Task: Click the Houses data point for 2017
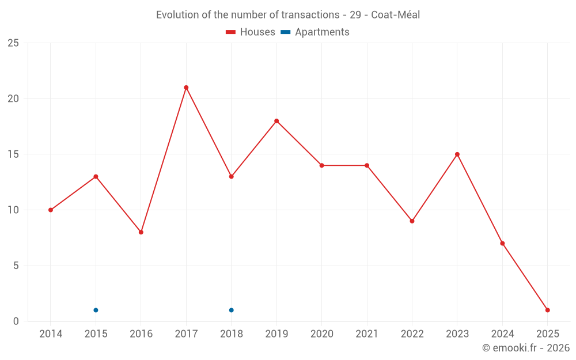[x=186, y=88]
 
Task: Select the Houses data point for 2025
[x=547, y=310]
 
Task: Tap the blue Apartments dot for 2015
[x=96, y=310]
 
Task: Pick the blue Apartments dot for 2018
[x=231, y=310]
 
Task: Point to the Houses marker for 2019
[x=276, y=121]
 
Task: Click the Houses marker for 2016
[x=141, y=232]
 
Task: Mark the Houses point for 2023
[x=457, y=154]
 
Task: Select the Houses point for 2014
[x=51, y=210]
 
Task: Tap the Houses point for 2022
[x=412, y=221]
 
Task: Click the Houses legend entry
[x=251, y=32]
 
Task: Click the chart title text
[x=288, y=15]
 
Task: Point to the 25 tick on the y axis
[x=13, y=43]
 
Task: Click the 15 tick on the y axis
[x=13, y=154]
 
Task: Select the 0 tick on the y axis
[x=16, y=321]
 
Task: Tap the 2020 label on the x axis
[x=321, y=334]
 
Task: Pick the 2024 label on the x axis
[x=502, y=334]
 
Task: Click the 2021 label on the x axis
[x=367, y=334]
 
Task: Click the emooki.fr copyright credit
[x=526, y=348]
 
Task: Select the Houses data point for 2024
[x=502, y=243]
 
